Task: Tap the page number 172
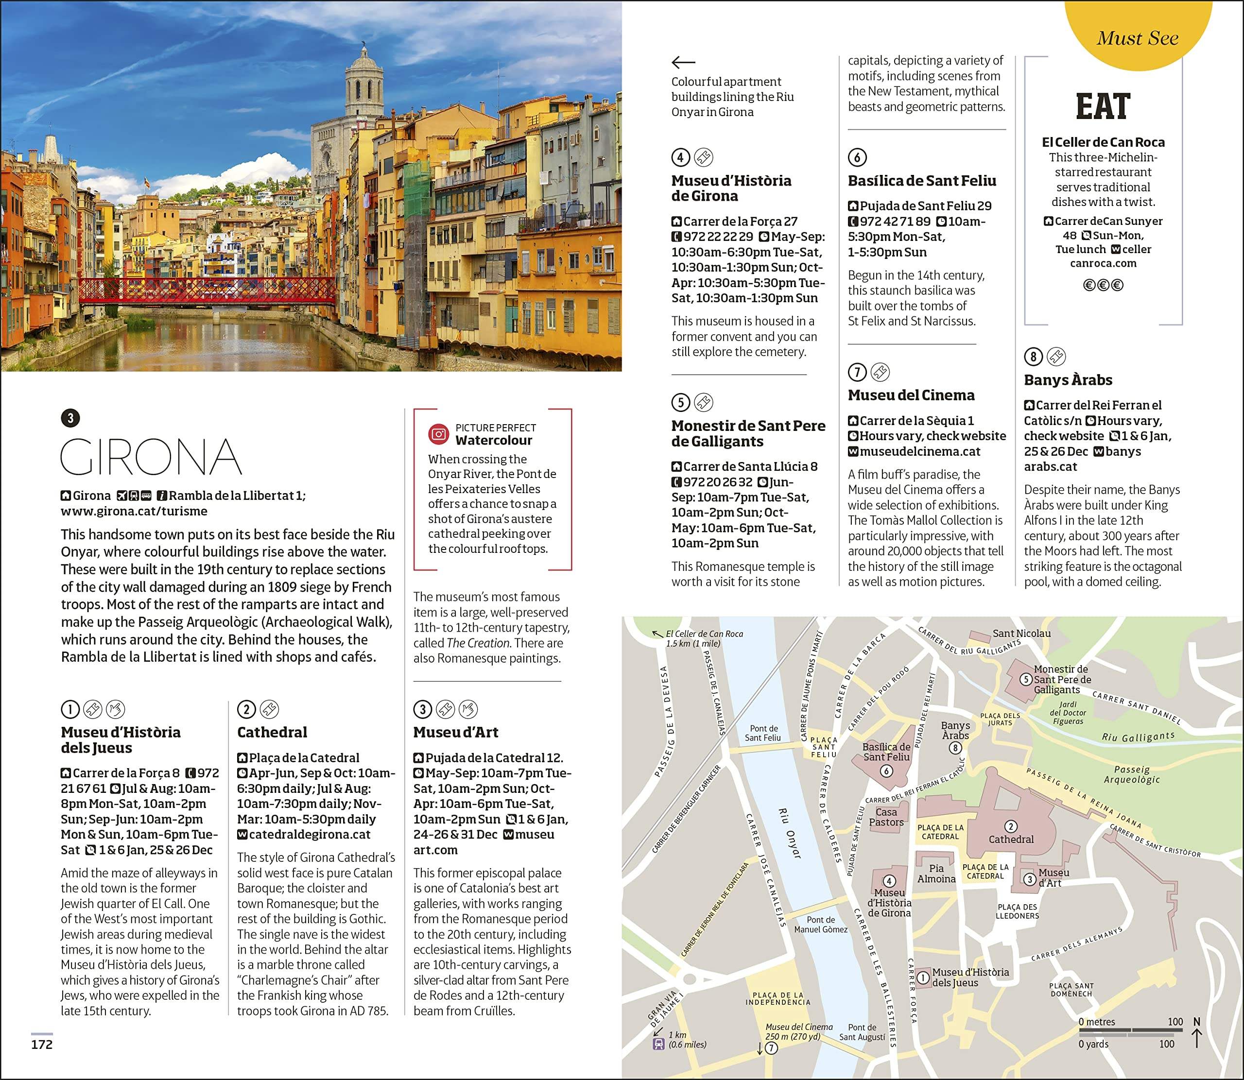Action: tap(42, 1045)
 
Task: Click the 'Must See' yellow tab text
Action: tap(1137, 38)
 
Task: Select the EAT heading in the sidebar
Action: tap(1103, 107)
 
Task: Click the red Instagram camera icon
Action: tap(439, 434)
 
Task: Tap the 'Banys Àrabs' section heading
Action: tap(1068, 380)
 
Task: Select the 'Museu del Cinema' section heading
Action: tap(911, 395)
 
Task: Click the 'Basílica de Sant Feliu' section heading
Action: tap(921, 181)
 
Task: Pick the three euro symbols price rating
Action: tap(1103, 285)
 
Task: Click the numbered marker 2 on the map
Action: tap(1011, 826)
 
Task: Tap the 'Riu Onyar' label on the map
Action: tap(789, 841)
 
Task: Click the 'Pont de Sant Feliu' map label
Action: tap(763, 733)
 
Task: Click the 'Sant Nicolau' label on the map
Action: tap(1021, 634)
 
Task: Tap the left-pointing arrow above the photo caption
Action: tap(684, 62)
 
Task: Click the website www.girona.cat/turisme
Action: tap(134, 511)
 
